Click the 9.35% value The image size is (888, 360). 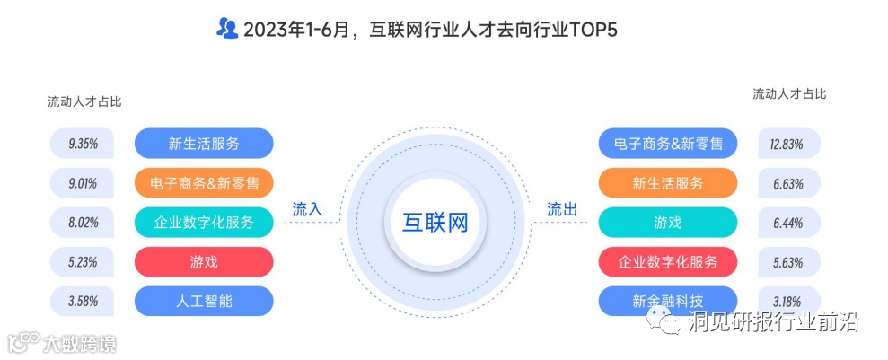(x=83, y=143)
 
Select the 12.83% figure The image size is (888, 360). (x=786, y=143)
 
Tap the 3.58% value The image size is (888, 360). (x=83, y=301)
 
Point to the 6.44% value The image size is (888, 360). (x=786, y=222)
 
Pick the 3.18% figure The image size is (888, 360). (x=786, y=301)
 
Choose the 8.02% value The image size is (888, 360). (x=83, y=222)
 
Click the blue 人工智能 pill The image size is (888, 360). (x=204, y=301)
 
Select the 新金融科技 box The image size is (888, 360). (x=667, y=301)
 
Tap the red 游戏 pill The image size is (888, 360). (x=204, y=261)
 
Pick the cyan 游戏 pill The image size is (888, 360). (x=667, y=222)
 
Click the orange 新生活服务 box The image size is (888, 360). (x=667, y=182)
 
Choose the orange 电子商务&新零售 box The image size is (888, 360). (x=204, y=182)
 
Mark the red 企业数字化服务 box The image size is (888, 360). (x=667, y=261)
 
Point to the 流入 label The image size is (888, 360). (x=307, y=209)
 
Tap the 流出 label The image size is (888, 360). (x=562, y=209)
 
